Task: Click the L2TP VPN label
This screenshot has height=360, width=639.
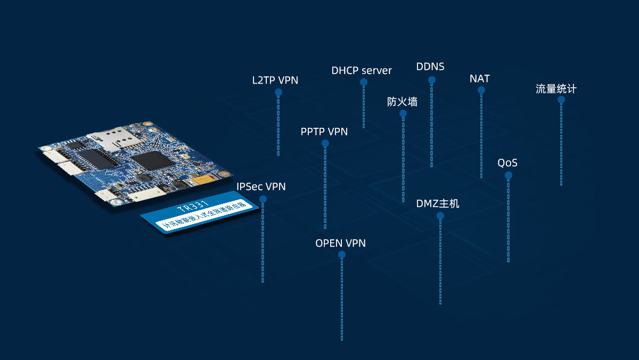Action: pos(275,80)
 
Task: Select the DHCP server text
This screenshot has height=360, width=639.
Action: pos(362,70)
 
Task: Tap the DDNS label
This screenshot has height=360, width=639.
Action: pos(430,67)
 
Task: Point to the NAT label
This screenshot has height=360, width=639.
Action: pos(480,79)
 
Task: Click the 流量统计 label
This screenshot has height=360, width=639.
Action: pos(556,89)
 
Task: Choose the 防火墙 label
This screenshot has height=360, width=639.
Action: pos(402,102)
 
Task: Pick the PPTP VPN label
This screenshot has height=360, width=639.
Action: pos(324,131)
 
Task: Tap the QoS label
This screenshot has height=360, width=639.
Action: pos(507,162)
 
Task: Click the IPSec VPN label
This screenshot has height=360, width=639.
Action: pos(261,186)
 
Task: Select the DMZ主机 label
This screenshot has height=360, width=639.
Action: pos(438,203)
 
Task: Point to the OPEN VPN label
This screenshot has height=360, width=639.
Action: pos(340,243)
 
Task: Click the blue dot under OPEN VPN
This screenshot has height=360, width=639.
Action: pos(342,255)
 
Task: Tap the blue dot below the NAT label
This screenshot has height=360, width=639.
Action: pos(481,91)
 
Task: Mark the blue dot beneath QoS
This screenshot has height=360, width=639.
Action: pos(509,175)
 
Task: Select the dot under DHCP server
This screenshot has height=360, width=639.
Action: pos(364,83)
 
